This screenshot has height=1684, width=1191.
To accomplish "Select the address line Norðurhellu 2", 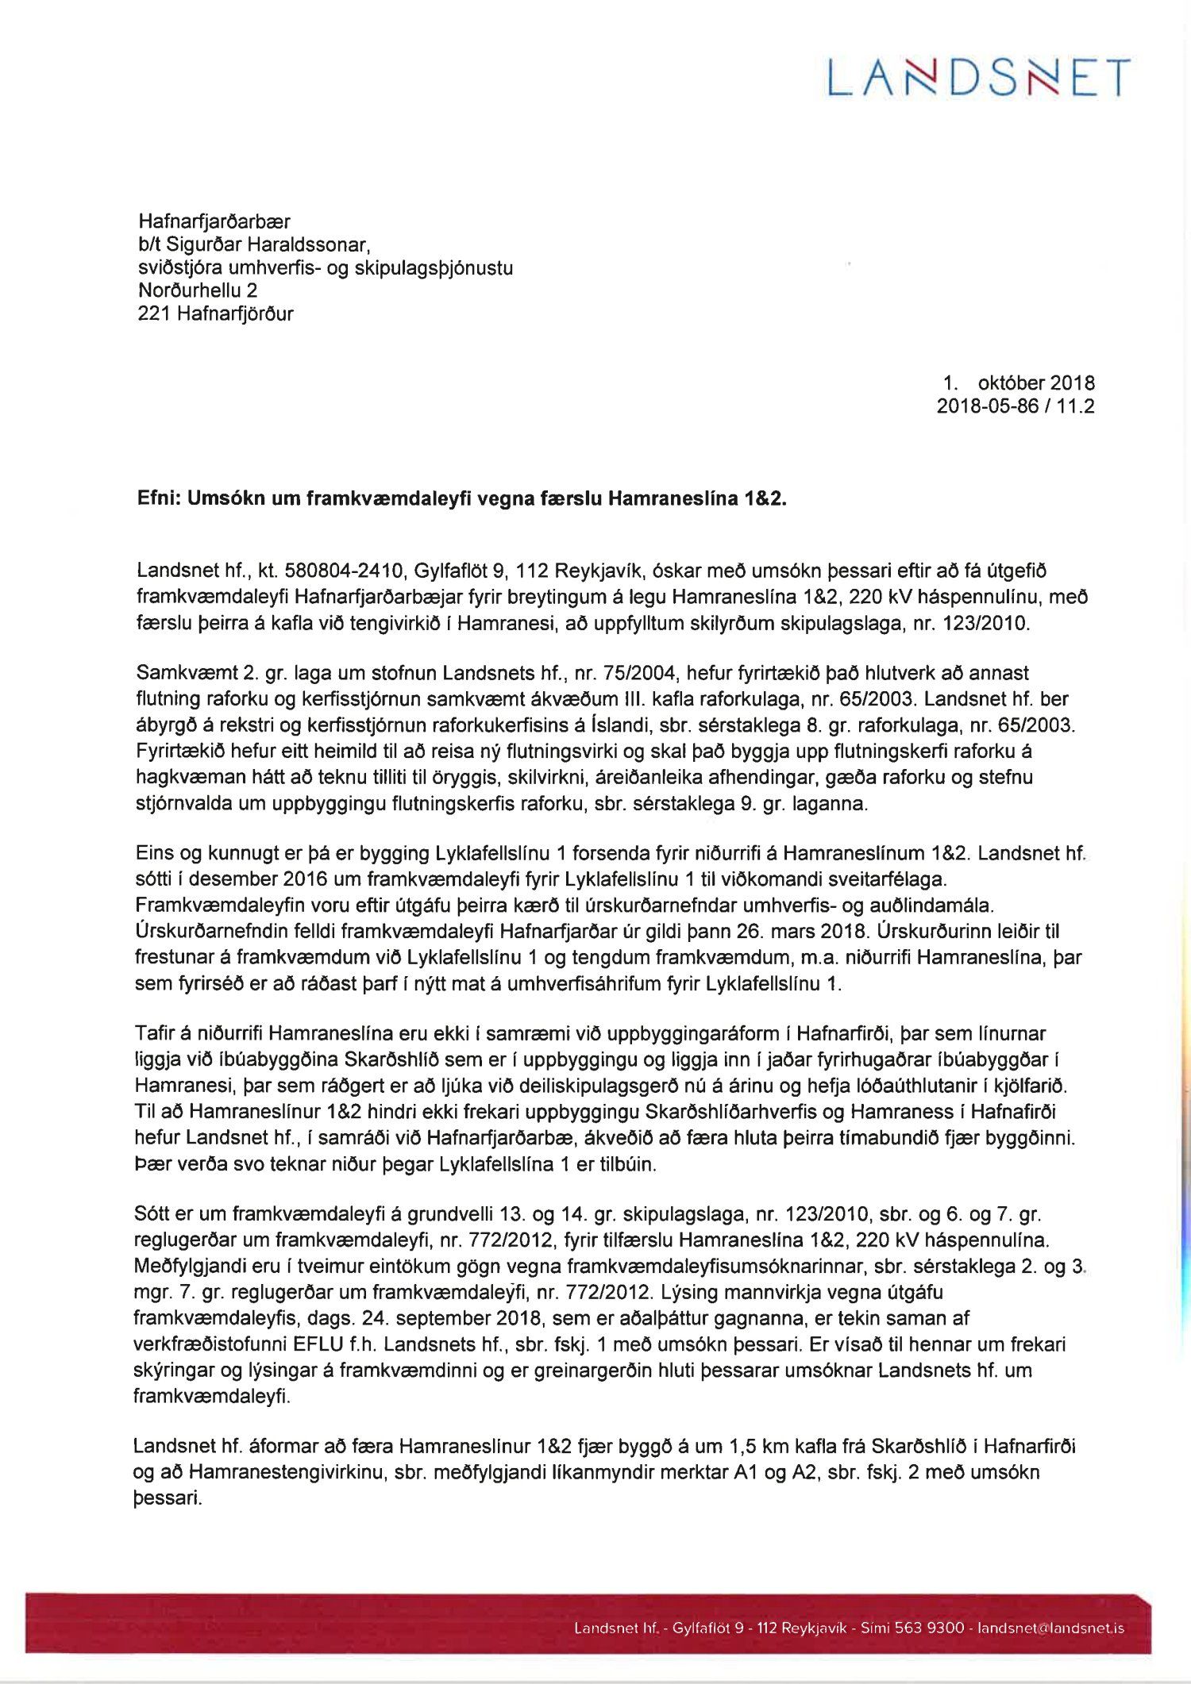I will (x=198, y=290).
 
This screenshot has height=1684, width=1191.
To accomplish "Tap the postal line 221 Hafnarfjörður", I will (x=216, y=313).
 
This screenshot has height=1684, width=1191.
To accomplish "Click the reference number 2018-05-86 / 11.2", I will (x=1016, y=406).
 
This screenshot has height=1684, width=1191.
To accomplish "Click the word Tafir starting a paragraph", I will (x=156, y=1034).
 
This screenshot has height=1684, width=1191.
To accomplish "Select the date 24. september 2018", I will (x=444, y=1318).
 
